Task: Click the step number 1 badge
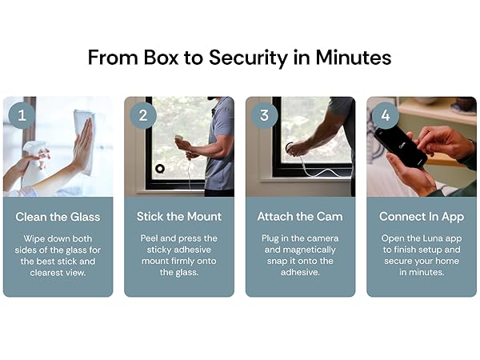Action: (x=21, y=114)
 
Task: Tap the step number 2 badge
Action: (x=142, y=114)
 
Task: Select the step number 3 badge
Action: (x=264, y=114)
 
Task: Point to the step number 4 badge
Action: (x=385, y=114)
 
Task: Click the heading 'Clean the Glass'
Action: (x=58, y=216)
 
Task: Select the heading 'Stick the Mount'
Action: (x=179, y=216)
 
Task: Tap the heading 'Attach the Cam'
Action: (x=300, y=216)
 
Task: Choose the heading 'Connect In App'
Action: (x=422, y=216)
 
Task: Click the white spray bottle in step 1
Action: (x=33, y=154)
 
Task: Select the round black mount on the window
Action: (x=160, y=169)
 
